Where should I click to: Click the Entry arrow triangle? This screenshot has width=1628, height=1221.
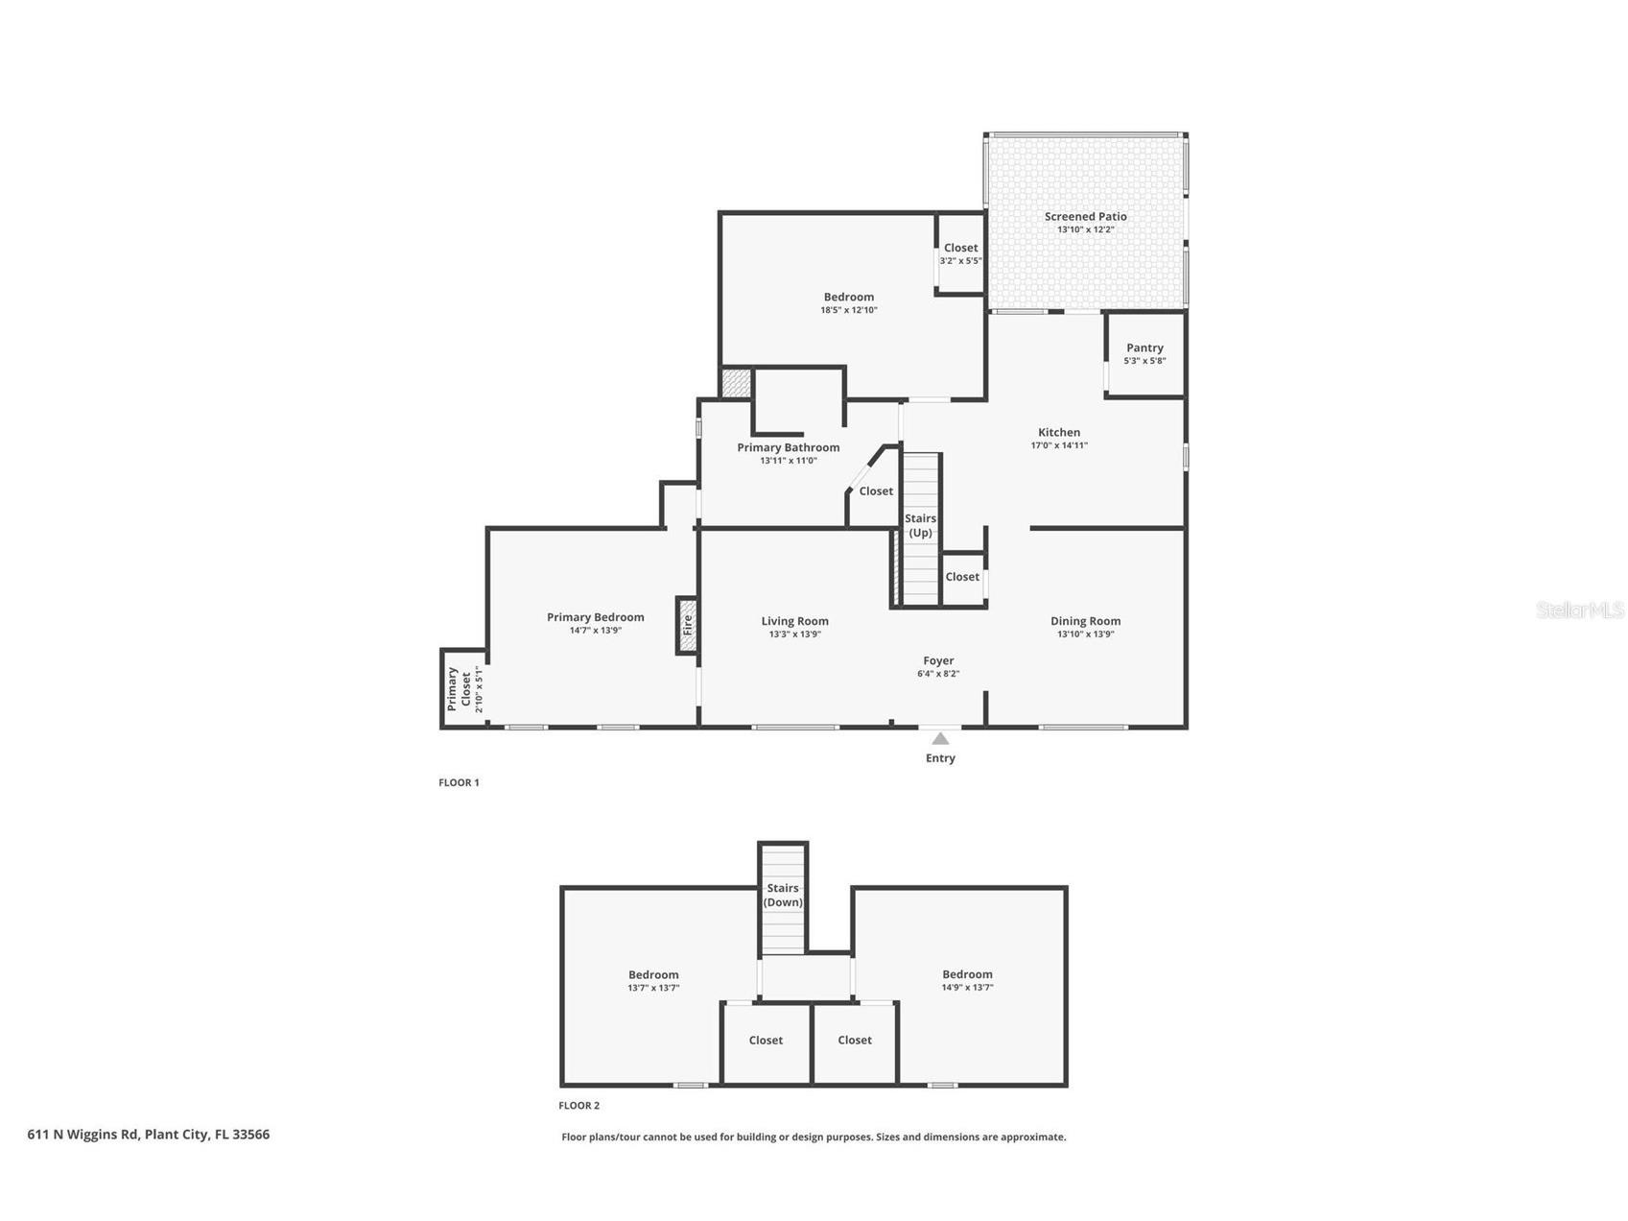[x=940, y=738]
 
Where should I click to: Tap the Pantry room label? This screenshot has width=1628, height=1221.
[x=1144, y=347]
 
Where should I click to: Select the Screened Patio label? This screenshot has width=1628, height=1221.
[x=1085, y=216]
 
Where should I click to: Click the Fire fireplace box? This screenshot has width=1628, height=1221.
[x=687, y=626]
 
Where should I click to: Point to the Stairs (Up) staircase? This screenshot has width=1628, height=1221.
[x=921, y=529]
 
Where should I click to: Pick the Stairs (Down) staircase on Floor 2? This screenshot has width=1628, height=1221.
[x=783, y=899]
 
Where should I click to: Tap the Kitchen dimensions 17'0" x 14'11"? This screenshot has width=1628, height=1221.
[x=1059, y=445]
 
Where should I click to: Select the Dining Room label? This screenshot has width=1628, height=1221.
[x=1085, y=621]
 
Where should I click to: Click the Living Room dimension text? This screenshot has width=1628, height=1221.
[x=794, y=634]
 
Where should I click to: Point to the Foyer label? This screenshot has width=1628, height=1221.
[x=938, y=660]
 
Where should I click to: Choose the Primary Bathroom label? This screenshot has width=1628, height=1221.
[x=788, y=447]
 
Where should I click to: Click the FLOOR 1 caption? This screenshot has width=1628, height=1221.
[x=459, y=782]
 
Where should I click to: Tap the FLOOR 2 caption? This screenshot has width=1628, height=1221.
[x=579, y=1106]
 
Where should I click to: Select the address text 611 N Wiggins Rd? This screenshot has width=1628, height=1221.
[x=83, y=1135]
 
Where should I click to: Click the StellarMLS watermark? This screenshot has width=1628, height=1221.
[x=1580, y=610]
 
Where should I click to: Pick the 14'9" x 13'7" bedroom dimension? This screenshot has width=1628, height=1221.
[x=967, y=987]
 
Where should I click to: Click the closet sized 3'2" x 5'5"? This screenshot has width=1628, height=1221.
[x=960, y=253]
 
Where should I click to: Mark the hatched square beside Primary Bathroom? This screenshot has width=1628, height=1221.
[x=736, y=383]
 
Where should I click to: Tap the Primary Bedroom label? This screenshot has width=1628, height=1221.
[x=595, y=617]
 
